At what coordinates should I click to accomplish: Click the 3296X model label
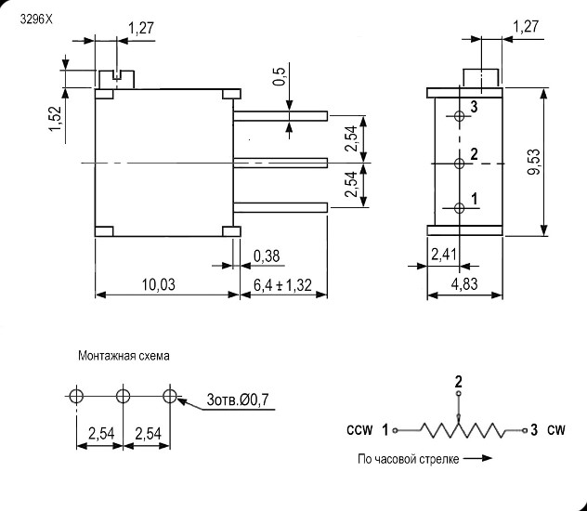pyautogui.click(x=36, y=20)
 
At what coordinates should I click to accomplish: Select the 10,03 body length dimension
pyautogui.click(x=158, y=285)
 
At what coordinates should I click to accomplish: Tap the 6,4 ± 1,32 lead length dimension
pyautogui.click(x=282, y=285)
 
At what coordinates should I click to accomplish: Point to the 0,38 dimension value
pyautogui.click(x=267, y=256)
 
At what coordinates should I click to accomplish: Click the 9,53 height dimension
pyautogui.click(x=535, y=162)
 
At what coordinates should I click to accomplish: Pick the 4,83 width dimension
pyautogui.click(x=464, y=284)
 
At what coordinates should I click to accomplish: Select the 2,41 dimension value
pyautogui.click(x=444, y=255)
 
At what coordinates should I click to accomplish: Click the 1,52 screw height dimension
pyautogui.click(x=55, y=119)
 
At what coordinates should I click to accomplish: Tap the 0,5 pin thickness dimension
pyautogui.click(x=280, y=77)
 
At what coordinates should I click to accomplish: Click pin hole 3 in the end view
pyautogui.click(x=460, y=116)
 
